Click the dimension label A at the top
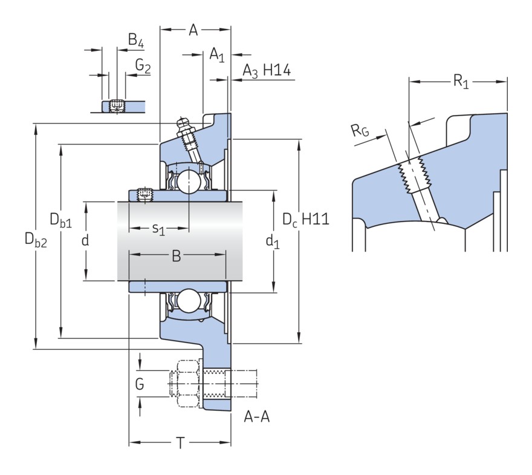point(193,29)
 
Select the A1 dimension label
point(216,56)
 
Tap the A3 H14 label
point(267,72)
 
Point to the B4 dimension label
point(135,42)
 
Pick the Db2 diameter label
point(36,240)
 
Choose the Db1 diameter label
point(60,221)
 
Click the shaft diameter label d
point(85,241)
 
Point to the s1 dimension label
point(158,229)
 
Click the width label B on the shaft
point(177,257)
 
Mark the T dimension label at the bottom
point(180,444)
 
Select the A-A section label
point(256,417)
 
